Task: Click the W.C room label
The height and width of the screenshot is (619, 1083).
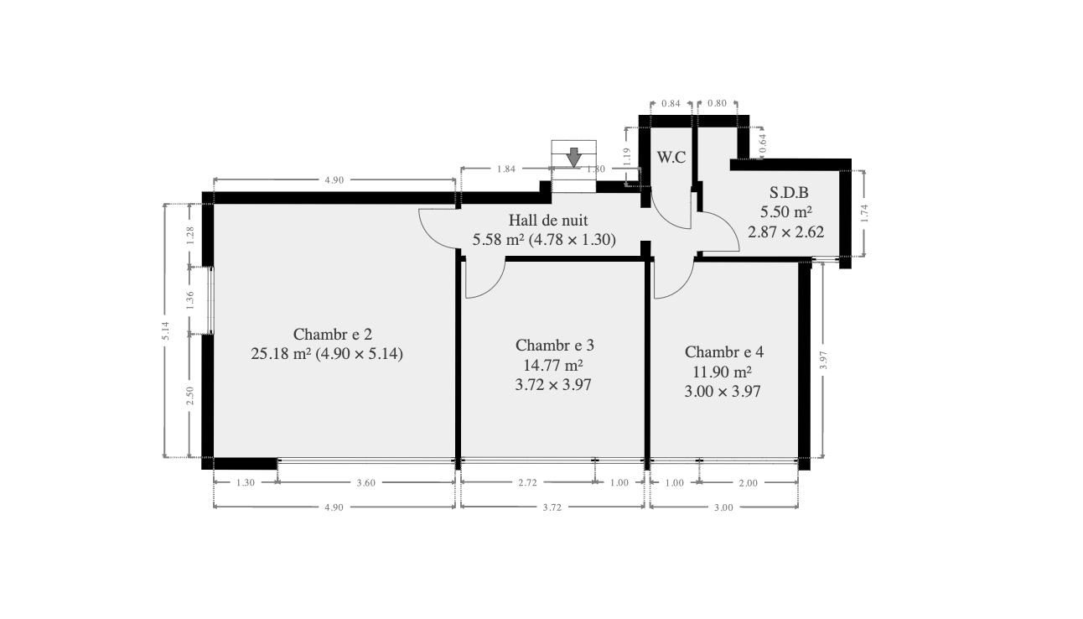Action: (x=671, y=157)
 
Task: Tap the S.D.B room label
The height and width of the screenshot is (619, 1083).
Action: (x=789, y=192)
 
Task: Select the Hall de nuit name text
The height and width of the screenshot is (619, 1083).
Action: (x=548, y=220)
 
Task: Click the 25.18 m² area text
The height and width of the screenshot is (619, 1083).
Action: (x=281, y=353)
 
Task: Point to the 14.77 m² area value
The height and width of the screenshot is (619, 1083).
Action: (x=553, y=365)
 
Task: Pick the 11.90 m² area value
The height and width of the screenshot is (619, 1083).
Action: (x=723, y=372)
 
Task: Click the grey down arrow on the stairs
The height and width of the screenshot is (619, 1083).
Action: (x=574, y=158)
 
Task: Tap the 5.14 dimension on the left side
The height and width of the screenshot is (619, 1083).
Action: (x=166, y=330)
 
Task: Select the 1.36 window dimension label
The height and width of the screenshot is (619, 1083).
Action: (x=190, y=299)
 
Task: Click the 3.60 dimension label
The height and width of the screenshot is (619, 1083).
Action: (x=366, y=482)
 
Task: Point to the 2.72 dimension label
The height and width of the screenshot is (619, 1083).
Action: (x=527, y=482)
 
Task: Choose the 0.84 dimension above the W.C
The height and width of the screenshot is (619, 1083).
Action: (x=671, y=103)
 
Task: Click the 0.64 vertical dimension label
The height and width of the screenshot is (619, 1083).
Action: (x=763, y=143)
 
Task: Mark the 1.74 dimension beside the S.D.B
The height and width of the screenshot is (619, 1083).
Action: (x=864, y=213)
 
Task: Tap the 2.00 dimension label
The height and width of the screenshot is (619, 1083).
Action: (x=749, y=482)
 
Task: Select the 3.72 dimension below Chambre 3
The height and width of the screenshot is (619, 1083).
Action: (x=552, y=507)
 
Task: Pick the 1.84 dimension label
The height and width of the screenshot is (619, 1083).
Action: (x=506, y=169)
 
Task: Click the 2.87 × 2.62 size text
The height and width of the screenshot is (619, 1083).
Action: (x=786, y=232)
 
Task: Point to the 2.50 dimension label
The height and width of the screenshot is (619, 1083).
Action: (x=190, y=396)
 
